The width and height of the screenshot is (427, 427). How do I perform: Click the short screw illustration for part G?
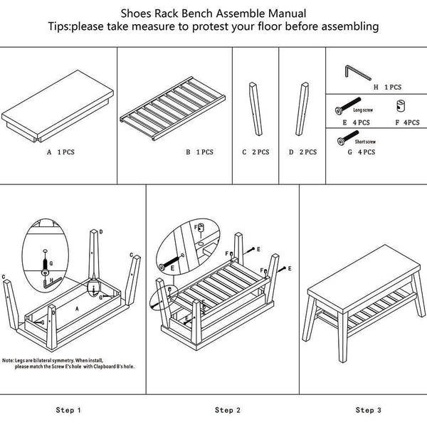pos(343,142)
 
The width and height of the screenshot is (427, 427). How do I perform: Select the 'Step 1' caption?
pos(68,410)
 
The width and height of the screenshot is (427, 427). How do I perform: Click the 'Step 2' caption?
pos(228,410)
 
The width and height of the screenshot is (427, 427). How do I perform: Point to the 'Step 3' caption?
pos(369,410)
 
